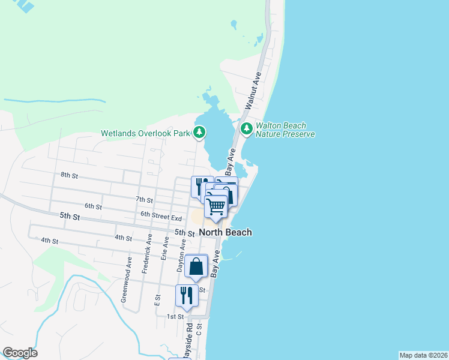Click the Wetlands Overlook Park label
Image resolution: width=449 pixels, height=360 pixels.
(145, 133)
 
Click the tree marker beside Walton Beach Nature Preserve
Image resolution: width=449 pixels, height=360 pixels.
(246, 128)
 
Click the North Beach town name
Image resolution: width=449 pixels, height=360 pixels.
(225, 232)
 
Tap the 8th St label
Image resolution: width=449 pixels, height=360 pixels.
(70, 175)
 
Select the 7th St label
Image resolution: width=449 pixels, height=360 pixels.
(145, 199)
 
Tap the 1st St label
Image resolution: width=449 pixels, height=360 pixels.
(175, 316)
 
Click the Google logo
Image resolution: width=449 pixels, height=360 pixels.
(20, 353)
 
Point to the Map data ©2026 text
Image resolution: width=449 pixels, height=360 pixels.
(423, 355)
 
